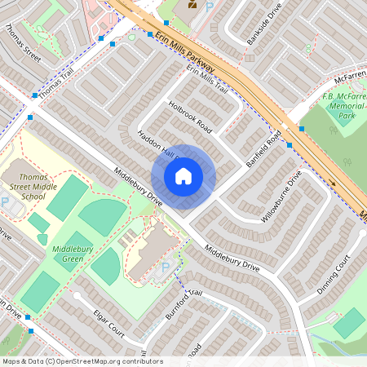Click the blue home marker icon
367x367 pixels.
[183, 176]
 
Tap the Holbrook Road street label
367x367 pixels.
[191, 117]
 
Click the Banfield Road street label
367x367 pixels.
[263, 147]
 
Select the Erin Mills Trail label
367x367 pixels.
[207, 80]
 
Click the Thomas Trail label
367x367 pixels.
[55, 84]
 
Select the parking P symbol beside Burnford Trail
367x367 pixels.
[165, 268]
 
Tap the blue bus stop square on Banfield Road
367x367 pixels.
[289, 145]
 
